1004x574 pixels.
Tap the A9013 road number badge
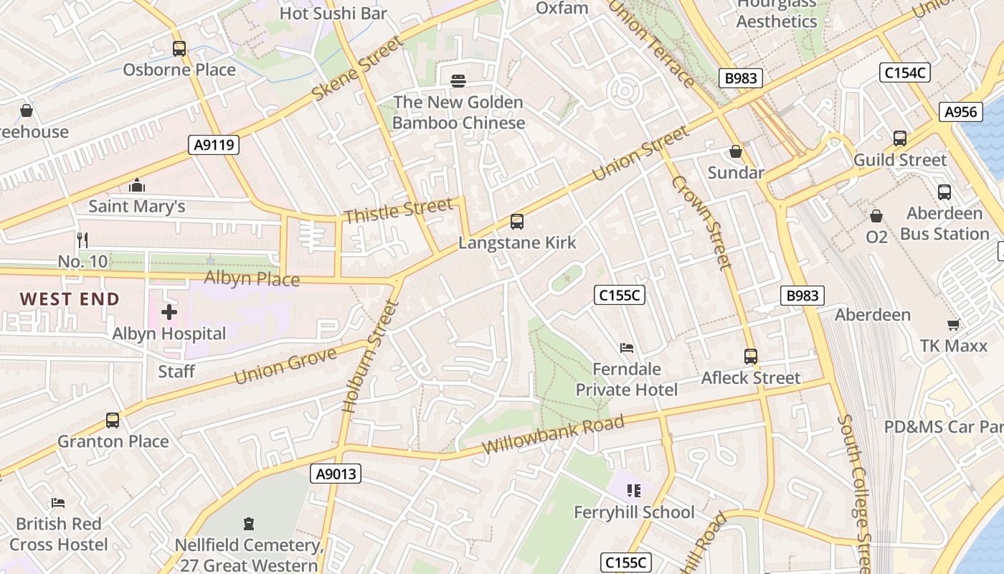(336, 474)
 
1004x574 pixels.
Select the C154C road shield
(904, 72)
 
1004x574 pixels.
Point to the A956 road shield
(960, 112)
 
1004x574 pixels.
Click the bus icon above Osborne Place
(179, 49)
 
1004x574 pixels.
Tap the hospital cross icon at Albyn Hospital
(169, 312)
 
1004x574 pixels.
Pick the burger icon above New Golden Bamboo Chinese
(458, 81)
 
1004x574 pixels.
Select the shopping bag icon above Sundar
(736, 151)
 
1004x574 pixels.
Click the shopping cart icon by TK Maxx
(954, 325)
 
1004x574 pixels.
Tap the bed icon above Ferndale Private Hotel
(627, 348)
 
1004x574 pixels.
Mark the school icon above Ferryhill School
(634, 491)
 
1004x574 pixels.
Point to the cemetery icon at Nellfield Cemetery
(249, 524)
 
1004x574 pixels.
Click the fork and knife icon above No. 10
(82, 240)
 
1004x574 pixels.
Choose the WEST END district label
(70, 299)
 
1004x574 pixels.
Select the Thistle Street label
(398, 210)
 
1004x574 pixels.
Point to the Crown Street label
(701, 222)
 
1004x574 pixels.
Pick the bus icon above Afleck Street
(751, 357)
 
